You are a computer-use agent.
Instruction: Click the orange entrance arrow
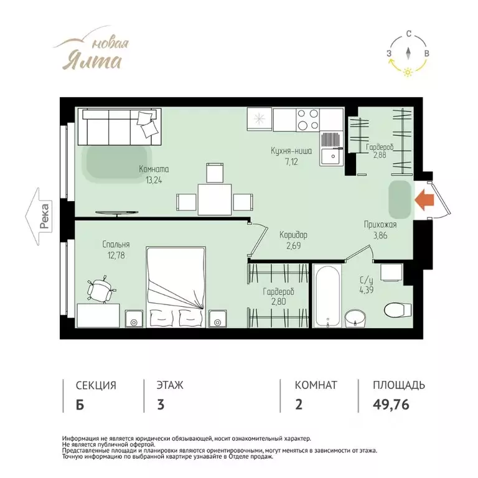click(x=424, y=200)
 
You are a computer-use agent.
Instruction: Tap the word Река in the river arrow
click(x=45, y=217)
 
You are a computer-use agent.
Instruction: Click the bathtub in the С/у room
click(x=327, y=296)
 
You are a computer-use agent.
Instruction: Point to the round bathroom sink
click(x=355, y=318)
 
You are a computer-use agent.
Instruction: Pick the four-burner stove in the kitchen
click(x=307, y=119)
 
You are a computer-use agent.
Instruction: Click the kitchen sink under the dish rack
click(x=331, y=156)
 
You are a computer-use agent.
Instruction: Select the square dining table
click(x=214, y=199)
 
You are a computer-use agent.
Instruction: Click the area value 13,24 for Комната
click(x=154, y=180)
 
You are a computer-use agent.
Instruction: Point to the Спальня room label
click(x=116, y=244)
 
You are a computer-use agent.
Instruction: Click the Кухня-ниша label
click(x=291, y=151)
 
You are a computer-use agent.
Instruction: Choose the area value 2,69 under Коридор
click(x=293, y=246)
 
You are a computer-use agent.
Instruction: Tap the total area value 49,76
click(x=391, y=405)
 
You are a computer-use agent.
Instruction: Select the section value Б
click(x=80, y=405)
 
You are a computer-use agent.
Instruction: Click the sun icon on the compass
click(x=407, y=72)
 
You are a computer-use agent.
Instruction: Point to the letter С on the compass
click(x=409, y=34)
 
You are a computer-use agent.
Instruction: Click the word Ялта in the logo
click(x=92, y=61)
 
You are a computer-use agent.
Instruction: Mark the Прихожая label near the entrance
click(x=380, y=225)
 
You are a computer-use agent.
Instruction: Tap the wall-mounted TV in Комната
click(x=117, y=213)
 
